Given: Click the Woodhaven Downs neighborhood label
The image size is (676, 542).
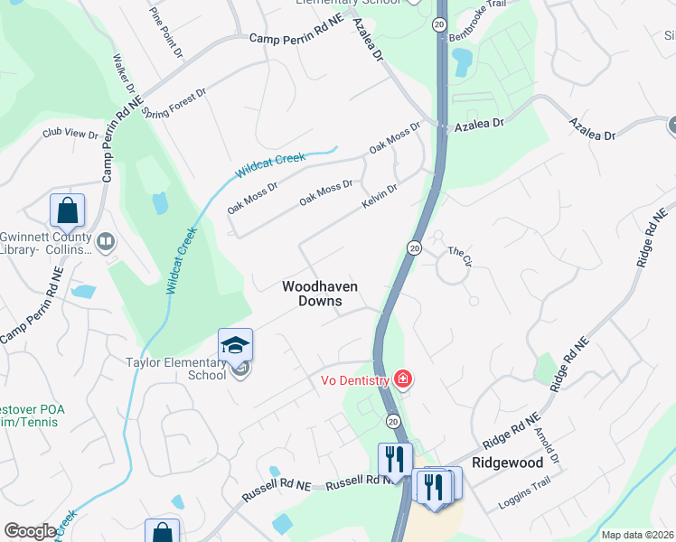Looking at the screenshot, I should tap(320, 294).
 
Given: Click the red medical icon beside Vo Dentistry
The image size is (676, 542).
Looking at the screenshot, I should tap(403, 379).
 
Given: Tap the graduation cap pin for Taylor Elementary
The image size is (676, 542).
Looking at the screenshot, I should tap(235, 345).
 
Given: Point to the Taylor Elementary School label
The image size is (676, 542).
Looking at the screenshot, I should tap(175, 369).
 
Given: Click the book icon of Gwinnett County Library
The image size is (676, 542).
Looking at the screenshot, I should tap(106, 241).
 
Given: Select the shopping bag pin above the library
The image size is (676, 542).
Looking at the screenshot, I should tap(67, 210).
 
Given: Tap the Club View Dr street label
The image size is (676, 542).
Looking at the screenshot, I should tap(70, 134).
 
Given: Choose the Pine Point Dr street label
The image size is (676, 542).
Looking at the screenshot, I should tap(166, 34).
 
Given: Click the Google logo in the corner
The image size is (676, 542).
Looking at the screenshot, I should tap(31, 531).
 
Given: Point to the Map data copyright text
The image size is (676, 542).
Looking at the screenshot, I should tap(638, 535).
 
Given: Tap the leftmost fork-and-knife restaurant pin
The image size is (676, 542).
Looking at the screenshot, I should tap(394, 459).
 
